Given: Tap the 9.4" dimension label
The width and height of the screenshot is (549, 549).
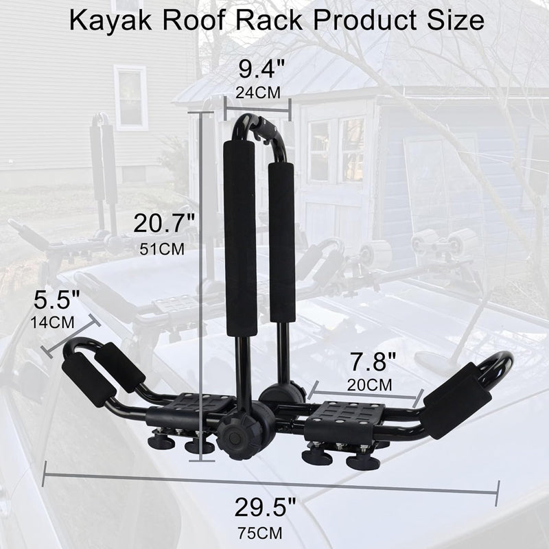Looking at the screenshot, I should [x=258, y=69].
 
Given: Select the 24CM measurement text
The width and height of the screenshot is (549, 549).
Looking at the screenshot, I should [x=258, y=92].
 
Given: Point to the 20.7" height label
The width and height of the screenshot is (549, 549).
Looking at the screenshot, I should [x=165, y=223].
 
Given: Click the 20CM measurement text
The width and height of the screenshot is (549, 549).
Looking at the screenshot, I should [x=371, y=384].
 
